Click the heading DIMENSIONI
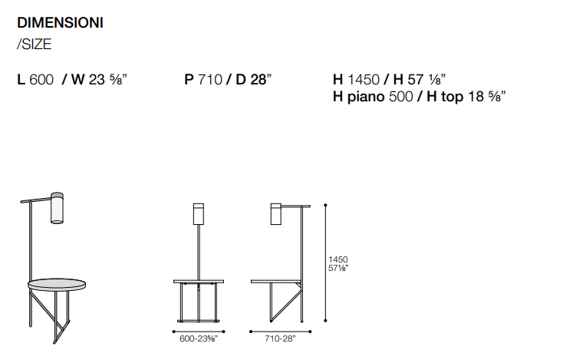pyautogui.click(x=60, y=23)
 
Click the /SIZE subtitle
pyautogui.click(x=35, y=45)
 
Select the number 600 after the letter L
pyautogui.click(x=41, y=80)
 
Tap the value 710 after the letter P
pyautogui.click(x=209, y=80)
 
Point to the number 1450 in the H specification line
pyautogui.click(x=364, y=80)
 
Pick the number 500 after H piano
pyautogui.click(x=400, y=97)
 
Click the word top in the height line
pyautogui.click(x=452, y=97)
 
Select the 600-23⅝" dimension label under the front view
pyautogui.click(x=199, y=339)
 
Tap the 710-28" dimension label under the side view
pyautogui.click(x=280, y=339)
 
